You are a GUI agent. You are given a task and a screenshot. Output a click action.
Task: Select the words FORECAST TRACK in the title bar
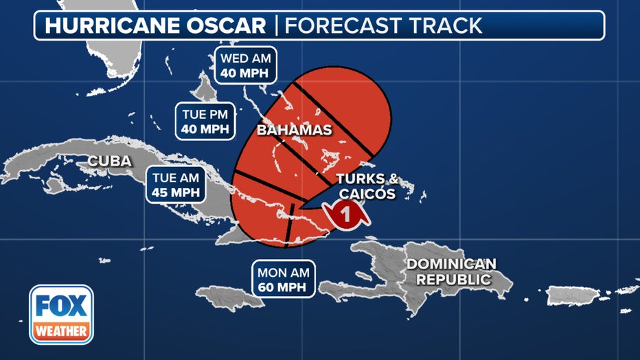click(383, 25)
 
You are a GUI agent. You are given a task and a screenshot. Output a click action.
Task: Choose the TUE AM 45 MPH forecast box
click(176, 184)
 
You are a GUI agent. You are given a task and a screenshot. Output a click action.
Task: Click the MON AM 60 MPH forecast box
click(283, 278)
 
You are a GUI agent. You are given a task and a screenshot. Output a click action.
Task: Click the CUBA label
click(109, 161)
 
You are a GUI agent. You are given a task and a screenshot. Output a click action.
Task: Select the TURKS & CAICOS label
click(366, 186)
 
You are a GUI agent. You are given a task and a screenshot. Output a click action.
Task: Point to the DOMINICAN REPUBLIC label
click(450, 271)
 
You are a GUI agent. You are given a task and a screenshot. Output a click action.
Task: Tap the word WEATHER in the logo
click(61, 332)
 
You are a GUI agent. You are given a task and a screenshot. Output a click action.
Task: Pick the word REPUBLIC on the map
click(450, 280)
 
